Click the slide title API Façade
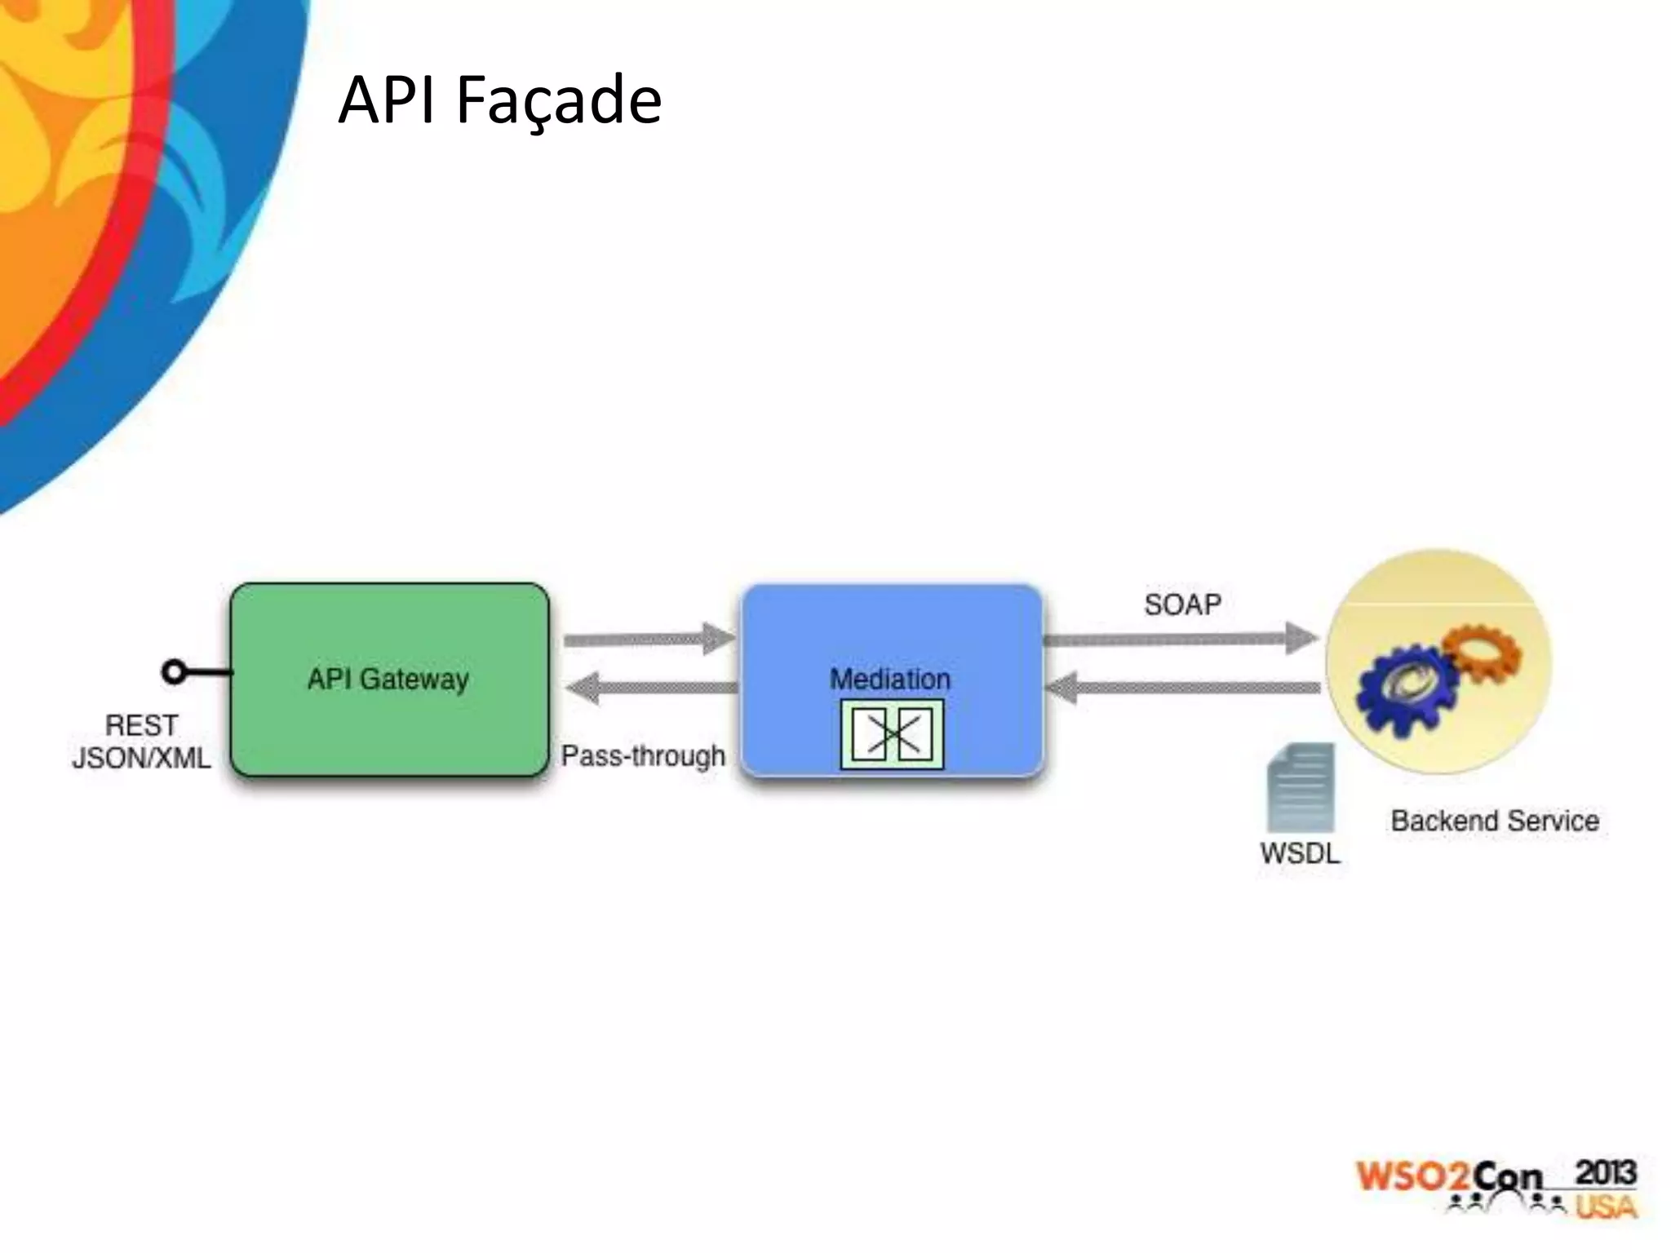point(499,100)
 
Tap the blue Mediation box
point(891,636)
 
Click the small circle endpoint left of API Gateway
point(173,672)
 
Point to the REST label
point(141,725)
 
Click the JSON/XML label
point(141,759)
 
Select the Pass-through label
point(643,755)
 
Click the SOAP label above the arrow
point(1182,604)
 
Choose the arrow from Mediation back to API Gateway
point(649,688)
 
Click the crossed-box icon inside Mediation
point(892,734)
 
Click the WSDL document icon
point(1301,787)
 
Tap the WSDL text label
point(1300,853)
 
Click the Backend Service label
point(1495,821)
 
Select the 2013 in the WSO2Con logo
point(1605,1173)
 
